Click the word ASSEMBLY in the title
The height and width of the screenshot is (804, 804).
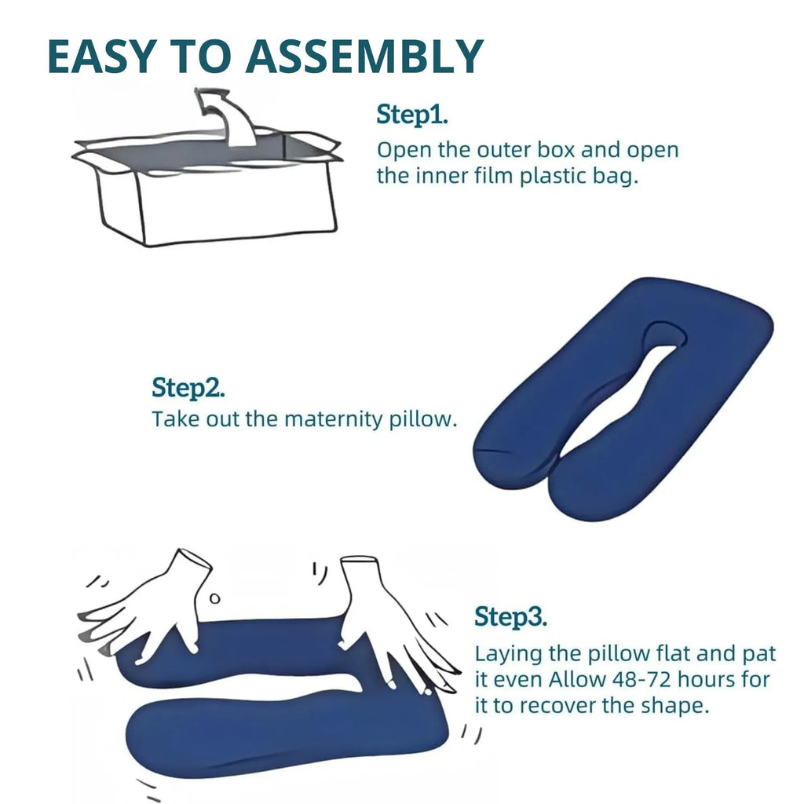[x=364, y=57]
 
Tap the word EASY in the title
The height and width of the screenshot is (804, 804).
[x=102, y=57]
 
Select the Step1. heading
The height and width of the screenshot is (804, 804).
[x=412, y=114]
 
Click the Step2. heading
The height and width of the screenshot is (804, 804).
[x=188, y=387]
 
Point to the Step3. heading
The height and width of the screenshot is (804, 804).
[x=510, y=616]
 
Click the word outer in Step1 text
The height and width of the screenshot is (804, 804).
[x=503, y=150]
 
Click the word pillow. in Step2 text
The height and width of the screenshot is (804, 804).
[x=422, y=419]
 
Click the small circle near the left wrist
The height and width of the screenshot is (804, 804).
[x=215, y=598]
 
